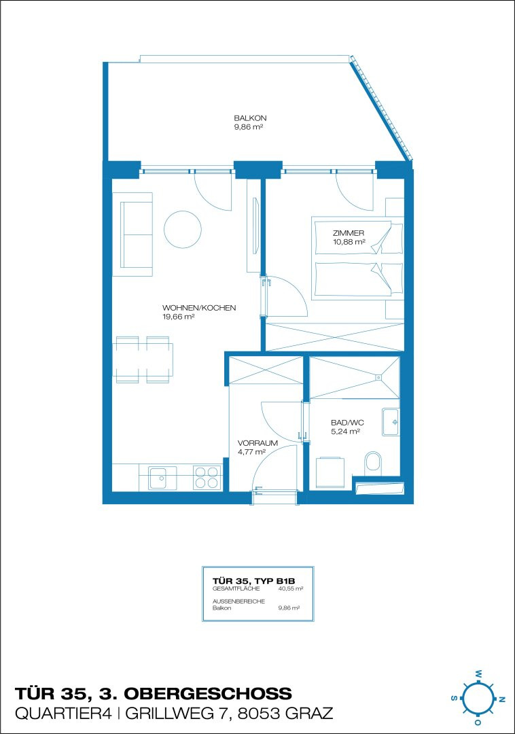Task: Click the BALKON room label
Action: point(250,118)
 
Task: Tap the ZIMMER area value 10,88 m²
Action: point(349,242)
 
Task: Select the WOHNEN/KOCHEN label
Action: point(199,308)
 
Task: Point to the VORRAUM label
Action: point(257,443)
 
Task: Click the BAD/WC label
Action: point(348,423)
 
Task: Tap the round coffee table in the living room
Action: point(183,230)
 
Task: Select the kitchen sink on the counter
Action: point(163,478)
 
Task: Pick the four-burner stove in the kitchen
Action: point(207,478)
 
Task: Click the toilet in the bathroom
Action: point(373,461)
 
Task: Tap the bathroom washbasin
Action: point(391,422)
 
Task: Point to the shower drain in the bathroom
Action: point(378,377)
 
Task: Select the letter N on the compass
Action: point(502,699)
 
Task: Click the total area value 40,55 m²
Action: point(291,589)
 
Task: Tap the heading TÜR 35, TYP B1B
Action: point(254,581)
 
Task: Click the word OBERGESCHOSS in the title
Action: point(208,693)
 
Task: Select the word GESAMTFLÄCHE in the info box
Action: point(236,589)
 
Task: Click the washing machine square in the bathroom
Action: point(330,473)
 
